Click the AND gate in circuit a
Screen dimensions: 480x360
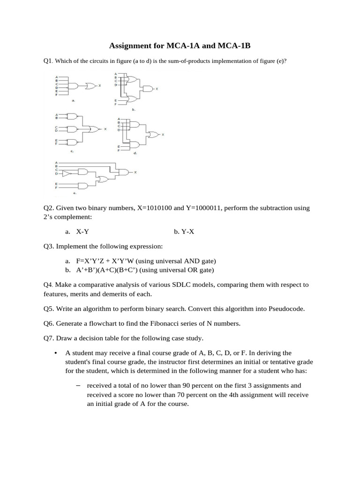(74, 86)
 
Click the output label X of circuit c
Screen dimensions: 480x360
(105, 129)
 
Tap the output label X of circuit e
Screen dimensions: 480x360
(135, 172)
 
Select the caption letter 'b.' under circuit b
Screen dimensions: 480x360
(133, 109)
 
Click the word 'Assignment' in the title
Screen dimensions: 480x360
(131, 46)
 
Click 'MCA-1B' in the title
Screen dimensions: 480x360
(237, 46)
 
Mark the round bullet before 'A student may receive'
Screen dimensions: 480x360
(56, 353)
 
